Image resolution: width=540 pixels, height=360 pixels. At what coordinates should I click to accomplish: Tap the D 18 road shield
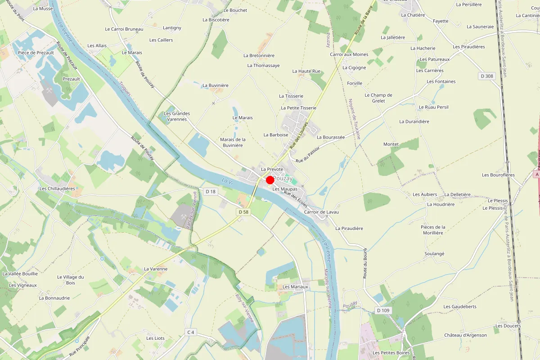point(211,192)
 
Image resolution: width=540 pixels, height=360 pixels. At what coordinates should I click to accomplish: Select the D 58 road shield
point(243,211)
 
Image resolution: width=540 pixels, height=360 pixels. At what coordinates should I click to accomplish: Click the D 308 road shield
point(487,76)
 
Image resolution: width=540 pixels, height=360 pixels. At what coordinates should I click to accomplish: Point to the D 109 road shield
point(383,310)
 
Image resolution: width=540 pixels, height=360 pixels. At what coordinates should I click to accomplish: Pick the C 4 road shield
point(191,332)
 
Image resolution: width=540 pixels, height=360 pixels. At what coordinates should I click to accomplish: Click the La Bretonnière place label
point(259,55)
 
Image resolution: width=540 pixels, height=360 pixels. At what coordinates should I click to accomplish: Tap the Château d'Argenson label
point(465,335)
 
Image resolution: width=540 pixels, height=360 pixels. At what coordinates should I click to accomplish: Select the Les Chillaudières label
point(57,189)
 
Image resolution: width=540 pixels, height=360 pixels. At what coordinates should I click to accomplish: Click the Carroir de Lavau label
point(321,212)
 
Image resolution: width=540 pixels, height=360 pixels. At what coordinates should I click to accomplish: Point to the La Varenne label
point(156,269)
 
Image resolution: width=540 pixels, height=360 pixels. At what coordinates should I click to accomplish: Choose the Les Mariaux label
point(295,287)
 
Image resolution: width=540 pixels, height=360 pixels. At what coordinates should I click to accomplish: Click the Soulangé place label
point(434,253)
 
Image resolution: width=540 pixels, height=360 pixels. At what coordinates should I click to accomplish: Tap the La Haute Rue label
point(306,71)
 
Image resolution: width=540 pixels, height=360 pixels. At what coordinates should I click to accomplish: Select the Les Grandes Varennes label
point(177,116)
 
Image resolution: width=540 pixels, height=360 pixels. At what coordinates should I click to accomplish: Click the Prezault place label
point(71,79)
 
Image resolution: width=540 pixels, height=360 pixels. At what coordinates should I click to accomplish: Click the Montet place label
point(391,144)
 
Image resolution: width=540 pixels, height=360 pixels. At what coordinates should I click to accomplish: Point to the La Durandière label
point(414,121)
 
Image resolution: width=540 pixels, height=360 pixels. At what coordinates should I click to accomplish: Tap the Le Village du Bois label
point(71,280)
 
